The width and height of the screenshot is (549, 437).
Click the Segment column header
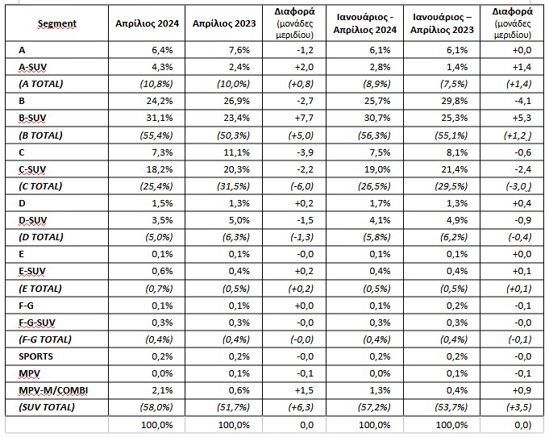56,23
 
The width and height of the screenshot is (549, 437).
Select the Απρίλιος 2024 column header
147,23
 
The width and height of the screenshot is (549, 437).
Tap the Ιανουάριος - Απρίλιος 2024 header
365,23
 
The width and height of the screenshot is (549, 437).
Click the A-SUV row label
32,67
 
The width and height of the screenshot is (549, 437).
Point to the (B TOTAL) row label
40,135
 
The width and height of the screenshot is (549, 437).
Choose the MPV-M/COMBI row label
53,390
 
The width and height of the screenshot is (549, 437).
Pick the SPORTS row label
35,356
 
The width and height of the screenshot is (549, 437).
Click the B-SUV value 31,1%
160,118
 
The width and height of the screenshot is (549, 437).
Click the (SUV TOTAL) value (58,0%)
156,407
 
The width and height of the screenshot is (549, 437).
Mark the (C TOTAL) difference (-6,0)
302,186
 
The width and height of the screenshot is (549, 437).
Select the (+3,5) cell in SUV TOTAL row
519,407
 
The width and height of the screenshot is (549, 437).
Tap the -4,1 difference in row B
522,101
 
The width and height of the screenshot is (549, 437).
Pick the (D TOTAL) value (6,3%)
236,237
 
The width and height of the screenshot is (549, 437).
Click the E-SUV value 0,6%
163,271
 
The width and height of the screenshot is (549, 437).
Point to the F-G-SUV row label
37,323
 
